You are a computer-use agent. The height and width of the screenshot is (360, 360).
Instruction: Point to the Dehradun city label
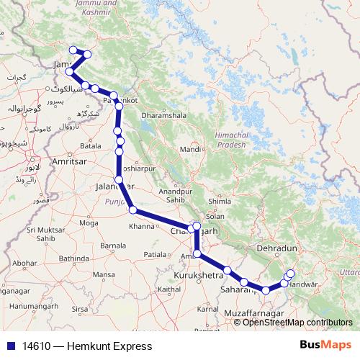[x=276, y=248]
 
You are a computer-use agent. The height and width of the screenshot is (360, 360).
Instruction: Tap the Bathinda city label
[x=73, y=258]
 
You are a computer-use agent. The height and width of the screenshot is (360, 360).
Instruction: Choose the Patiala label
[x=154, y=254]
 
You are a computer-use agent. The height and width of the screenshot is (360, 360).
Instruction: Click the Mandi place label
[x=190, y=149]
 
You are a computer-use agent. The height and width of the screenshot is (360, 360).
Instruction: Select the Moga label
[x=89, y=223]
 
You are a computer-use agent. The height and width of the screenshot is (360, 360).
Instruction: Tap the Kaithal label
[x=168, y=289]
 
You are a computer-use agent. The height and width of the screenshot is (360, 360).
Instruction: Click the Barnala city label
[x=112, y=245]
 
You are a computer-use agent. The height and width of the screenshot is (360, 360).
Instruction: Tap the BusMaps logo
[x=325, y=346]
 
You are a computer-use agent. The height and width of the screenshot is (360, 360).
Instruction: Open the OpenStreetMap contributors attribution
[x=297, y=323]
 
